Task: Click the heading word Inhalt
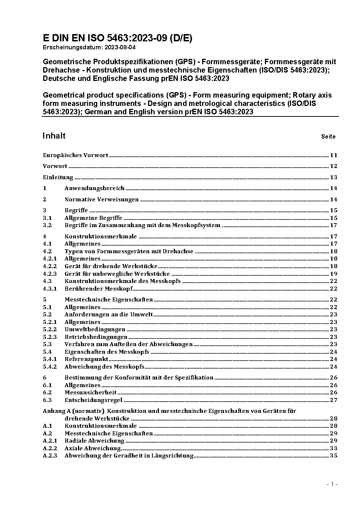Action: point(54,136)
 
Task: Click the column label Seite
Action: point(328,137)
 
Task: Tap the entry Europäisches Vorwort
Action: point(75,155)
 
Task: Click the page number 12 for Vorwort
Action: point(334,166)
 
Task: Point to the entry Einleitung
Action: point(58,177)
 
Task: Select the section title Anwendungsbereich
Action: point(94,188)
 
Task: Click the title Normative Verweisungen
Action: point(102,200)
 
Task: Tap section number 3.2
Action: point(47,225)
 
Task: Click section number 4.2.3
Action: point(50,274)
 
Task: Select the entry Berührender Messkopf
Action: point(99,289)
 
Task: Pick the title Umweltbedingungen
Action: point(95,329)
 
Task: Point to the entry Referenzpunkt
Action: point(86,359)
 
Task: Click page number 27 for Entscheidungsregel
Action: point(334,400)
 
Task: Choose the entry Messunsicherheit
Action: point(91,393)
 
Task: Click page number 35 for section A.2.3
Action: point(334,456)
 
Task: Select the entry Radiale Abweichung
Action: point(94,441)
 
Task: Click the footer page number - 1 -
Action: point(332,484)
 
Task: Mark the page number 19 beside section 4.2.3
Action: point(334,274)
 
